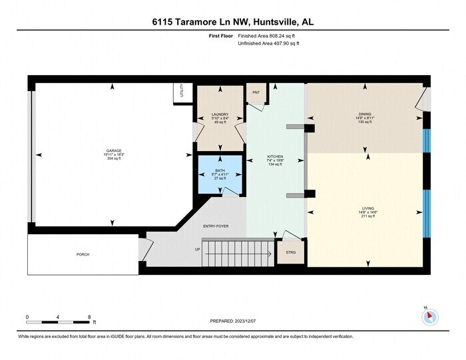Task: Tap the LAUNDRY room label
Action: [x=220, y=114]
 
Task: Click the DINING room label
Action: [x=365, y=114]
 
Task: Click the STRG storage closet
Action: [x=290, y=253]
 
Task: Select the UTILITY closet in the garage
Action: [x=180, y=92]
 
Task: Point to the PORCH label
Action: [x=83, y=254]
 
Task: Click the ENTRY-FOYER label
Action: [x=216, y=226]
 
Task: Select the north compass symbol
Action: [x=430, y=316]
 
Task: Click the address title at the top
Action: [x=232, y=22]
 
